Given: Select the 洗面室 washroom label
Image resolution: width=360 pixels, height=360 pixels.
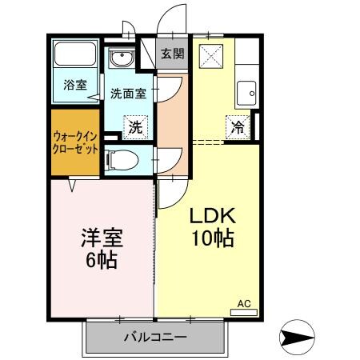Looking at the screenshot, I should tap(128, 93).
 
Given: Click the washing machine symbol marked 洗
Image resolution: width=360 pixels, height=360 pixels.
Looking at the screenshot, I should tap(136, 126).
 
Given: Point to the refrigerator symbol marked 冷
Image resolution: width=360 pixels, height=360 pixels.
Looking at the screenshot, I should tap(238, 125).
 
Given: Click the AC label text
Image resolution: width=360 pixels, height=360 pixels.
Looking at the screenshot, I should tap(244, 303).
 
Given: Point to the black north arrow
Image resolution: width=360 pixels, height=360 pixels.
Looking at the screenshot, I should tap(302, 336).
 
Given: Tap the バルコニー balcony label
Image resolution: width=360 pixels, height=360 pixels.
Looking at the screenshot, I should tap(155, 337).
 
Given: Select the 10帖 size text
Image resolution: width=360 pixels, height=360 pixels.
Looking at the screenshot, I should tap(211, 238).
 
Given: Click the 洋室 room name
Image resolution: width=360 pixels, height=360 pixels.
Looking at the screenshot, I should tap(102, 238).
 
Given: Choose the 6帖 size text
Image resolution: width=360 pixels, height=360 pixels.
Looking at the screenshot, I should tap(102, 259).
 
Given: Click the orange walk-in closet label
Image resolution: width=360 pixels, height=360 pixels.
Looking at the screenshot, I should tap(76, 144).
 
